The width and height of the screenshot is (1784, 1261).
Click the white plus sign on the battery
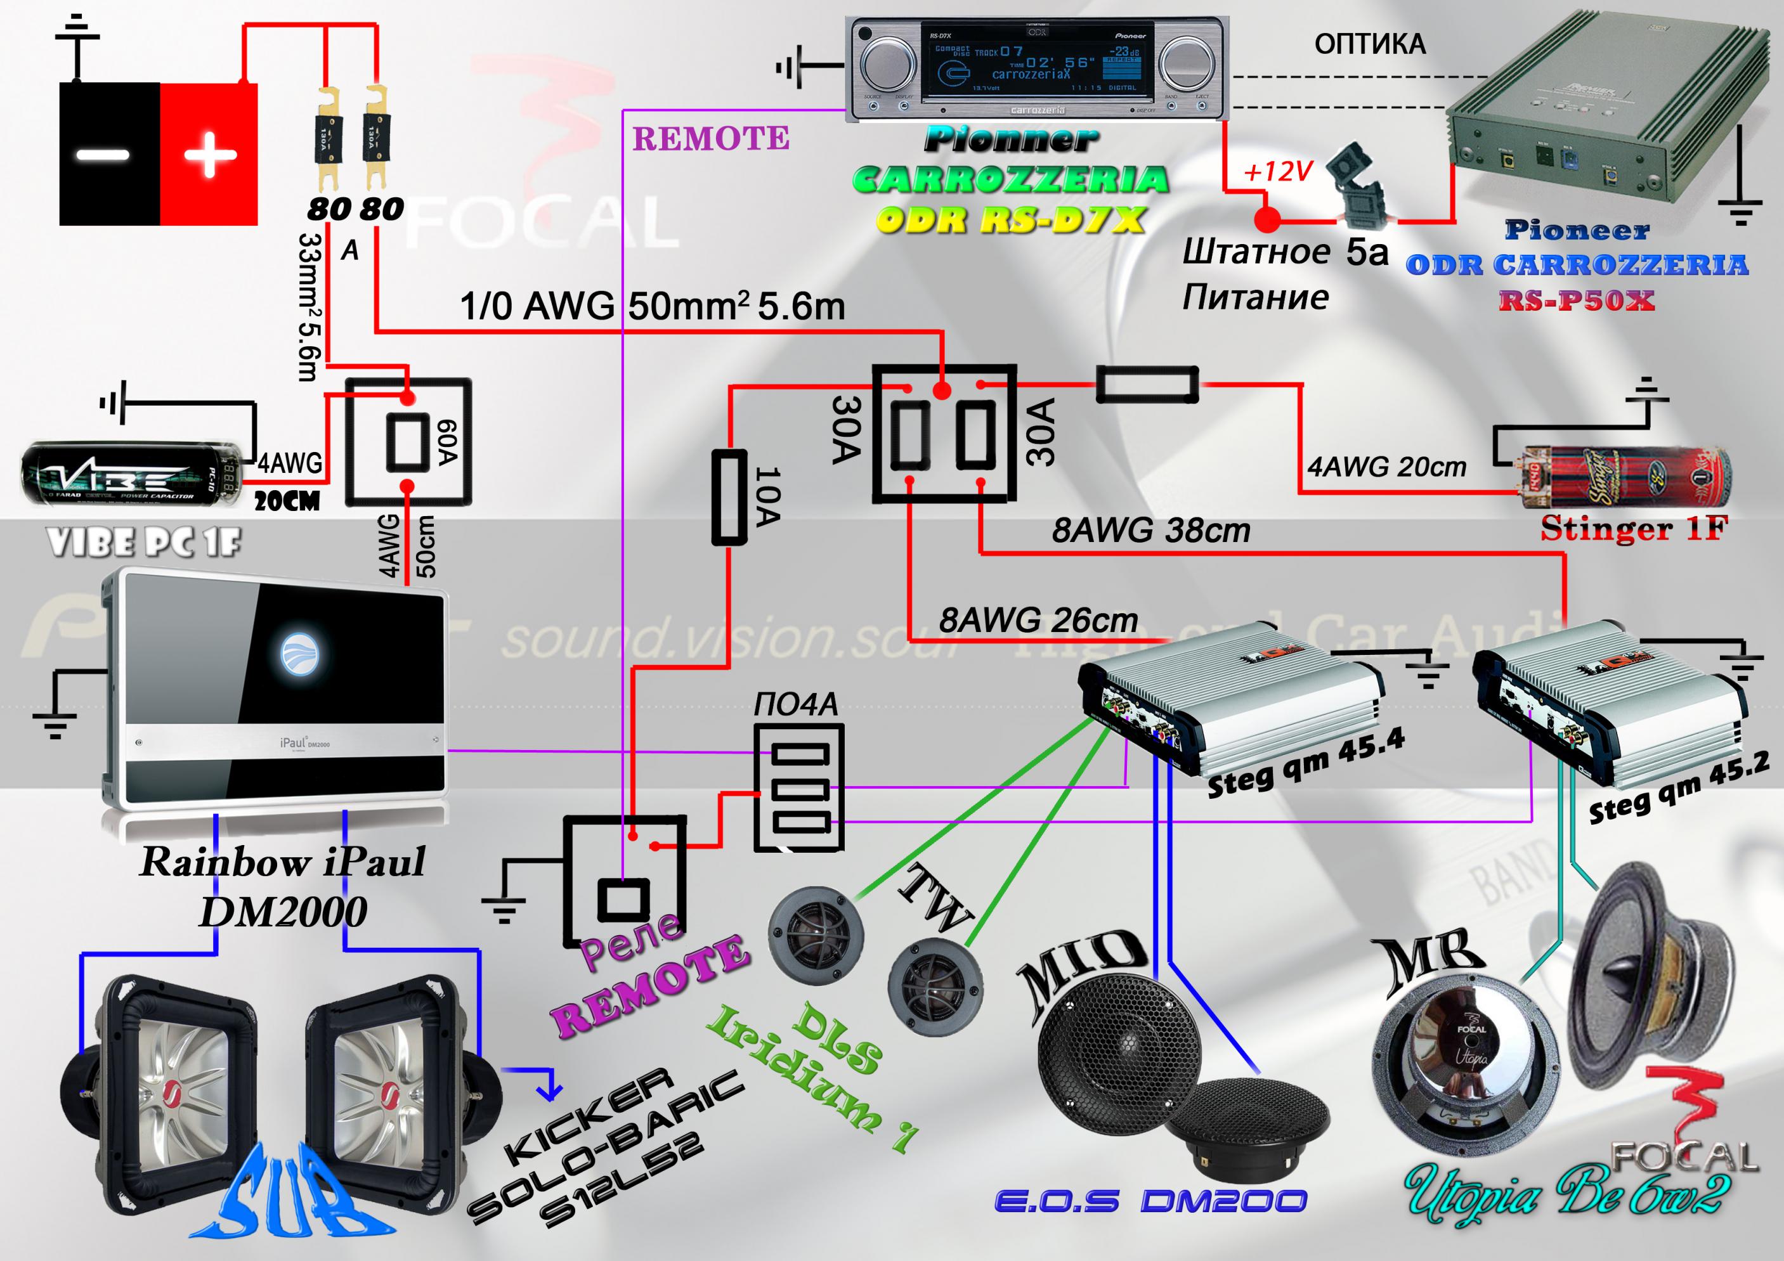click(x=210, y=155)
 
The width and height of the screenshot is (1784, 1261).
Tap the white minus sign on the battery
click(x=103, y=154)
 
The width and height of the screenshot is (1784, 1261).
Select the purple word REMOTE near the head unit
click(x=710, y=139)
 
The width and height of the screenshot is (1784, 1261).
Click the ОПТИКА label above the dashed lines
click(x=1369, y=44)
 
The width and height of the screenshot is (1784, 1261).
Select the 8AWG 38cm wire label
click(x=1150, y=531)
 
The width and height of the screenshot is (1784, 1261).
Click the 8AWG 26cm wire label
click(x=1038, y=620)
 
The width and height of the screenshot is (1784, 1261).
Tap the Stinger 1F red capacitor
click(x=1624, y=477)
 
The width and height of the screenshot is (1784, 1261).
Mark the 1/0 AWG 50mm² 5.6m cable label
click(x=652, y=306)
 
